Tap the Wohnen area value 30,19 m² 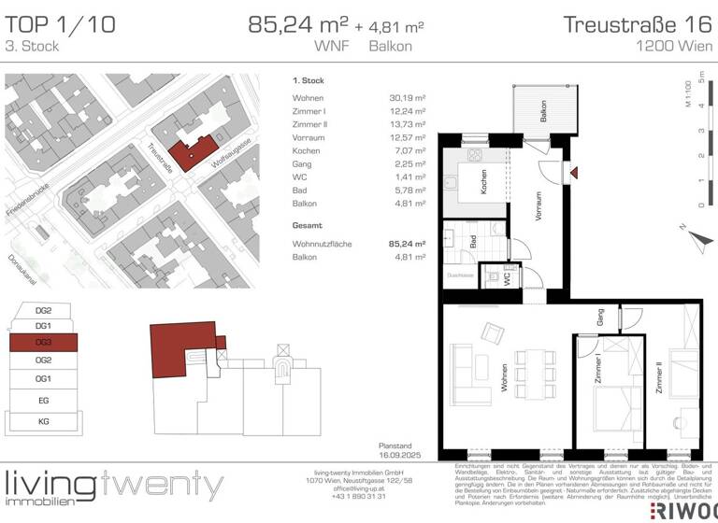(x=408, y=97)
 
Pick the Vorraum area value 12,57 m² (x=408, y=136)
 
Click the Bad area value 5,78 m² (x=408, y=190)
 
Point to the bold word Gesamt (x=307, y=226)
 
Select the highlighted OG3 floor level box (x=43, y=343)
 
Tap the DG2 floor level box (x=43, y=310)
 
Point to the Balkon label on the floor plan (x=543, y=113)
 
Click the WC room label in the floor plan (x=506, y=278)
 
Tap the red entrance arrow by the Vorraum (x=575, y=172)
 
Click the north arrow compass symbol (x=696, y=233)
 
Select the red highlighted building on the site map (x=196, y=151)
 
